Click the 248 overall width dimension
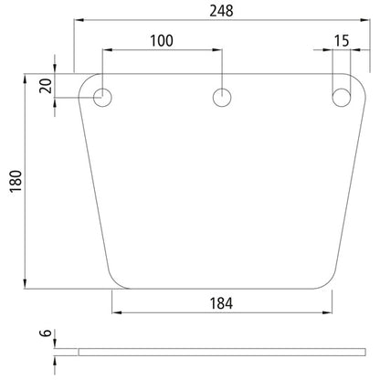click(220, 11)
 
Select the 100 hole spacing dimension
click(162, 40)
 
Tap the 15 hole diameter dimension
click(342, 40)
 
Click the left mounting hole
click(103, 97)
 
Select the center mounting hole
click(222, 97)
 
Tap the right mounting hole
click(342, 97)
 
